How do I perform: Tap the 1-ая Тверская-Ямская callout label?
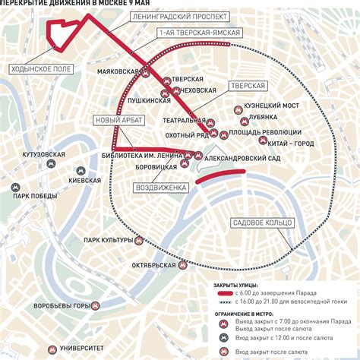click(x=200, y=33)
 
